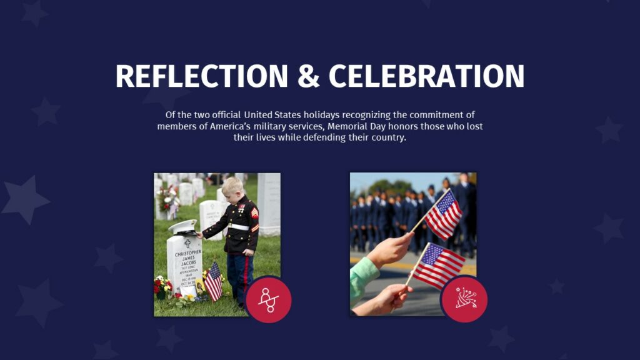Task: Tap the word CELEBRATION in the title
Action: pos(426,76)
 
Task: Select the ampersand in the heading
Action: pos(308,76)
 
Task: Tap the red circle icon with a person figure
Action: pos(268,299)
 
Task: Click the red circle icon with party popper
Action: pos(464,299)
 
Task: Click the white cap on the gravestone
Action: pos(183,226)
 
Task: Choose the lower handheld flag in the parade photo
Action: pos(437,264)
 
